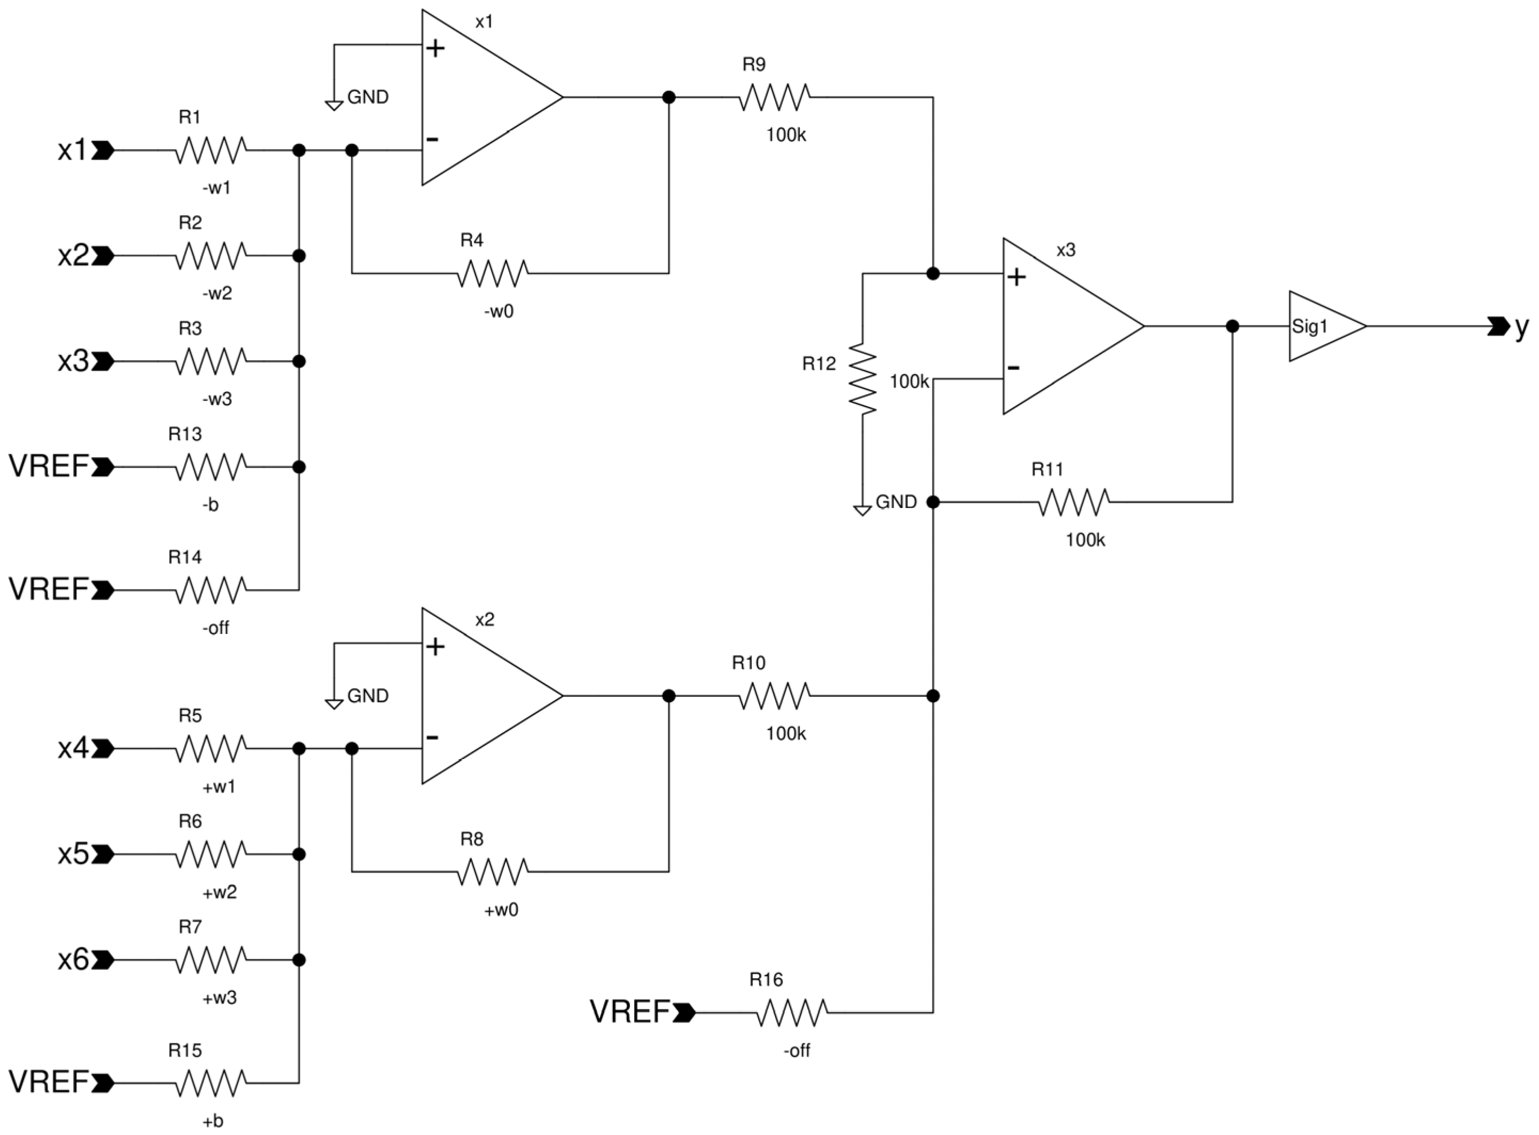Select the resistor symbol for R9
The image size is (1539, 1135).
pos(775,98)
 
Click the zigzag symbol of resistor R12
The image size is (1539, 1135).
pos(863,379)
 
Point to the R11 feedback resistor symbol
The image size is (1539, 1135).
pos(1073,502)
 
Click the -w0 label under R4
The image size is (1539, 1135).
pos(499,311)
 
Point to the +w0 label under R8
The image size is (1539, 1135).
pos(501,910)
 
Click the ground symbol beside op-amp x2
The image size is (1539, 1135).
pos(334,703)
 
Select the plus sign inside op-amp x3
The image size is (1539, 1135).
pos(1016,277)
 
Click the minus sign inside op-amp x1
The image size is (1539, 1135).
pos(432,139)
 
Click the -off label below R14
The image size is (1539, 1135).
pos(215,628)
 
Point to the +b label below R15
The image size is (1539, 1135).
pos(213,1121)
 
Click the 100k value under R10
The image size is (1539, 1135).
pos(786,734)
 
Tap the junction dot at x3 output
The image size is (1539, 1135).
pos(1233,327)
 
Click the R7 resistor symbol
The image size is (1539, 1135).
pos(210,960)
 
